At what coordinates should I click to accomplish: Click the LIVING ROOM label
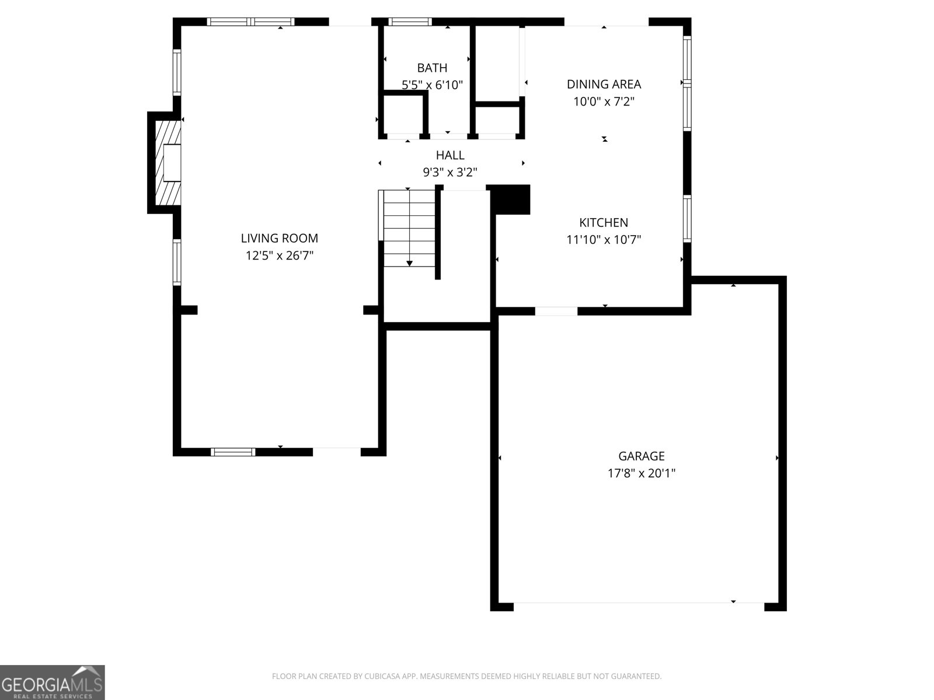coord(279,238)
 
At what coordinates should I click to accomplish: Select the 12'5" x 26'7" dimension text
coord(279,256)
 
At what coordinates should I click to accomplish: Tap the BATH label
coord(432,68)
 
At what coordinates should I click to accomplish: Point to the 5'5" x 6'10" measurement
coord(432,85)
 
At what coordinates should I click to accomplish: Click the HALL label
coord(450,155)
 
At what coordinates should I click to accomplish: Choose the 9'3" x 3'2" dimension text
coord(450,172)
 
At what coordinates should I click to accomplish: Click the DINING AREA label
coord(604,84)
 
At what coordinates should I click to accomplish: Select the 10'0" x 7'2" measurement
coord(604,101)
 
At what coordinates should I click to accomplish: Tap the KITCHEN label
coord(604,222)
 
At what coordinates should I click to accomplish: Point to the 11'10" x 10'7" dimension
coord(604,240)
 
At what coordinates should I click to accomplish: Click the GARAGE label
coord(641,456)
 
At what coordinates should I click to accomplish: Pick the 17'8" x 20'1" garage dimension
coord(641,473)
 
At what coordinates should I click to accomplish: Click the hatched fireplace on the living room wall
coord(165,162)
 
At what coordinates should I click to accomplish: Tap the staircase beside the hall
coord(409,228)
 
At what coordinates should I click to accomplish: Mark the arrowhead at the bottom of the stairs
coord(409,264)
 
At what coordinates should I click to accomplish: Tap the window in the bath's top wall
coord(410,22)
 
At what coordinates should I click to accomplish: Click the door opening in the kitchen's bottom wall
coord(556,311)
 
